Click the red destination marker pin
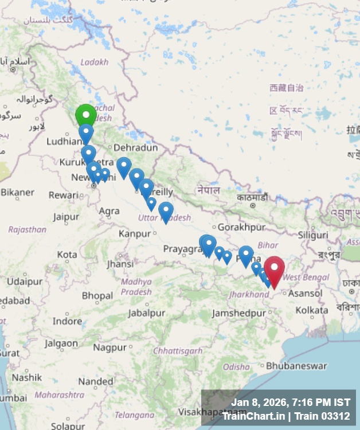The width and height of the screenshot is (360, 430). click(x=274, y=269)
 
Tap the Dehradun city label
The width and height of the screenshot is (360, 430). click(x=136, y=147)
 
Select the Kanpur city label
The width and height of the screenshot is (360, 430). click(x=135, y=233)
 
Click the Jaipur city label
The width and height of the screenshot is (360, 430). click(x=66, y=217)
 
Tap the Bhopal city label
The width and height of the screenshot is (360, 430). click(x=97, y=296)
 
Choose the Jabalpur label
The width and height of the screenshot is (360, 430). click(x=146, y=313)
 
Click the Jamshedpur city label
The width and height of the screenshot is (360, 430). click(x=239, y=313)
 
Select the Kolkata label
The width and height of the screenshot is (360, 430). click(x=312, y=310)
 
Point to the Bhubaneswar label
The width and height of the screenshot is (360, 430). click(x=296, y=365)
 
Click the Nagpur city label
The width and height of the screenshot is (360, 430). click(x=109, y=347)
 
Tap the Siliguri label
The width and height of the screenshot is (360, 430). click(x=314, y=235)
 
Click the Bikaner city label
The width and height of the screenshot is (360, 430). click(x=17, y=192)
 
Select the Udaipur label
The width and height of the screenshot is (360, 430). click(x=25, y=282)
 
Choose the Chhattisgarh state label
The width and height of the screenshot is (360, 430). click(x=178, y=350)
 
